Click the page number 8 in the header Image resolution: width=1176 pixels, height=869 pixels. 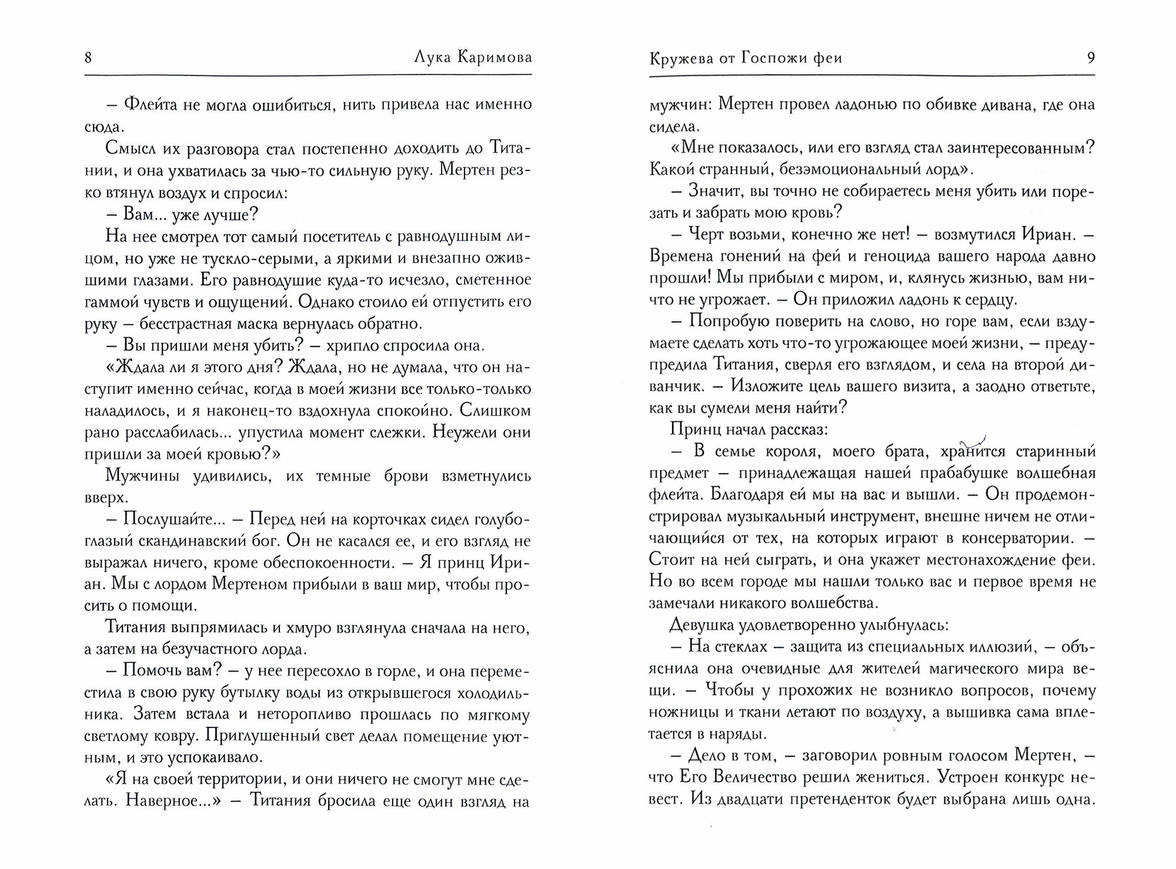pyautogui.click(x=88, y=58)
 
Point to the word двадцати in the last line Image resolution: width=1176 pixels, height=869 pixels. pyautogui.click(x=767, y=800)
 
